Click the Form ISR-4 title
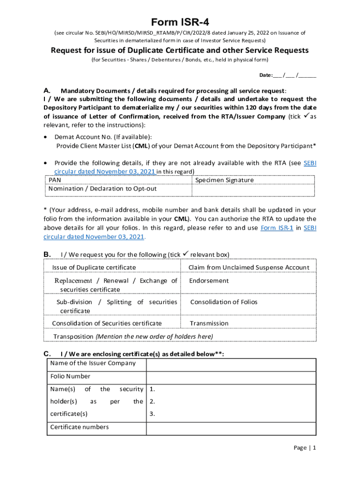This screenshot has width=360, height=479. [x=180, y=23]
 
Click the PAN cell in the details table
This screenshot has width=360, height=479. [x=55, y=180]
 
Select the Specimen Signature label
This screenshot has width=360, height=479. [x=224, y=180]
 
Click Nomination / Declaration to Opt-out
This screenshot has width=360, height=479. [x=102, y=189]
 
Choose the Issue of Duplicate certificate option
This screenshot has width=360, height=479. [x=94, y=268]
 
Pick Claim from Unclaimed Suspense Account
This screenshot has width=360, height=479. [x=249, y=268]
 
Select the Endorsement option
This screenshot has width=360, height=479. [x=209, y=281]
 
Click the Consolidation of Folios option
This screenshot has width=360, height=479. [x=223, y=302]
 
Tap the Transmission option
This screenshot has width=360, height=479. [x=209, y=323]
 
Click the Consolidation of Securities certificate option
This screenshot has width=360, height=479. [x=107, y=323]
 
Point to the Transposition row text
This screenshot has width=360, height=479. [x=133, y=337]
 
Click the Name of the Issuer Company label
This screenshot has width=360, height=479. [x=93, y=363]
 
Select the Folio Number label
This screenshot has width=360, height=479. [x=70, y=377]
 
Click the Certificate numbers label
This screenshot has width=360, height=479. [x=79, y=427]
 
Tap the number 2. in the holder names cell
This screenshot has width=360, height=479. [x=152, y=402]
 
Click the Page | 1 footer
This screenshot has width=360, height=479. [x=305, y=448]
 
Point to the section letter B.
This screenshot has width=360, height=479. [x=47, y=254]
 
